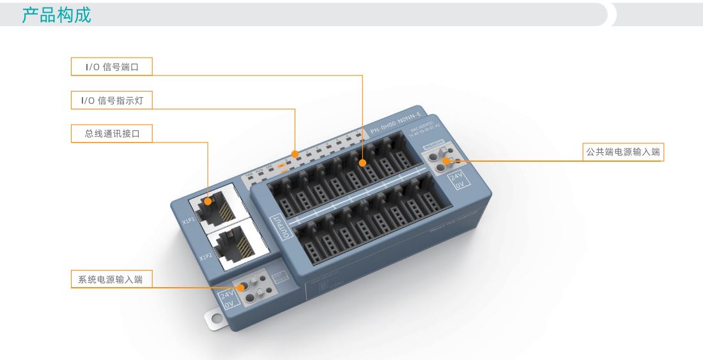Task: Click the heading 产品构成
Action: [57, 15]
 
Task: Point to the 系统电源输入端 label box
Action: [111, 279]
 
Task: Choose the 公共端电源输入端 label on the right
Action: [624, 152]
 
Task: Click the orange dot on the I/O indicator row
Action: [295, 153]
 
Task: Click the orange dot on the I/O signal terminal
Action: [362, 164]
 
